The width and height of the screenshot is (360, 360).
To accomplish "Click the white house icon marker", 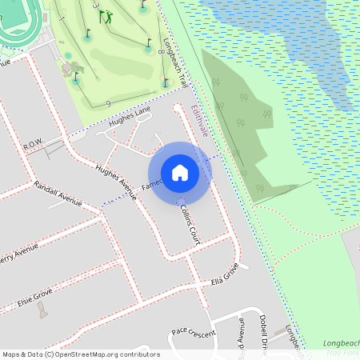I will (180, 172).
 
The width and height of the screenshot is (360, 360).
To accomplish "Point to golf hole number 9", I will (107, 103).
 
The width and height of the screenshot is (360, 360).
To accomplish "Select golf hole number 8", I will (161, 53).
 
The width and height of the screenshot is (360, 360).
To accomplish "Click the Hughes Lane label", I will (130, 117).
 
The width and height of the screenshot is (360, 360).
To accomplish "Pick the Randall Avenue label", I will (58, 194).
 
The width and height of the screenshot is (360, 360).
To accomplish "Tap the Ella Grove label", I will (225, 277).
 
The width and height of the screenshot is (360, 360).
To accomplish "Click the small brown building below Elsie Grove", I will (42, 310).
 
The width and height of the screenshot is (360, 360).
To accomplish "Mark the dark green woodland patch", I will (240, 120).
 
